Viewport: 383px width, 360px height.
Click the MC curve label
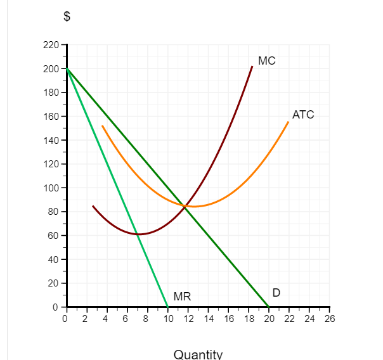click(x=266, y=61)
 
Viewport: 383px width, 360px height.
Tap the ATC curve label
click(x=302, y=115)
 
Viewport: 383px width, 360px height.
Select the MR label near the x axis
click(x=182, y=297)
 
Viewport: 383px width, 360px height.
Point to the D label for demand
click(x=276, y=293)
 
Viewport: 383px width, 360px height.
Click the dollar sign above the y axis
click(x=65, y=18)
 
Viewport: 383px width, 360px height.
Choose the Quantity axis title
click(x=198, y=354)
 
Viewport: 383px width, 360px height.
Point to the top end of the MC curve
click(x=252, y=66)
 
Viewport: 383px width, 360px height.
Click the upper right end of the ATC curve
click(x=289, y=122)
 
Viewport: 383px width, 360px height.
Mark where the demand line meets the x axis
click(x=268, y=307)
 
